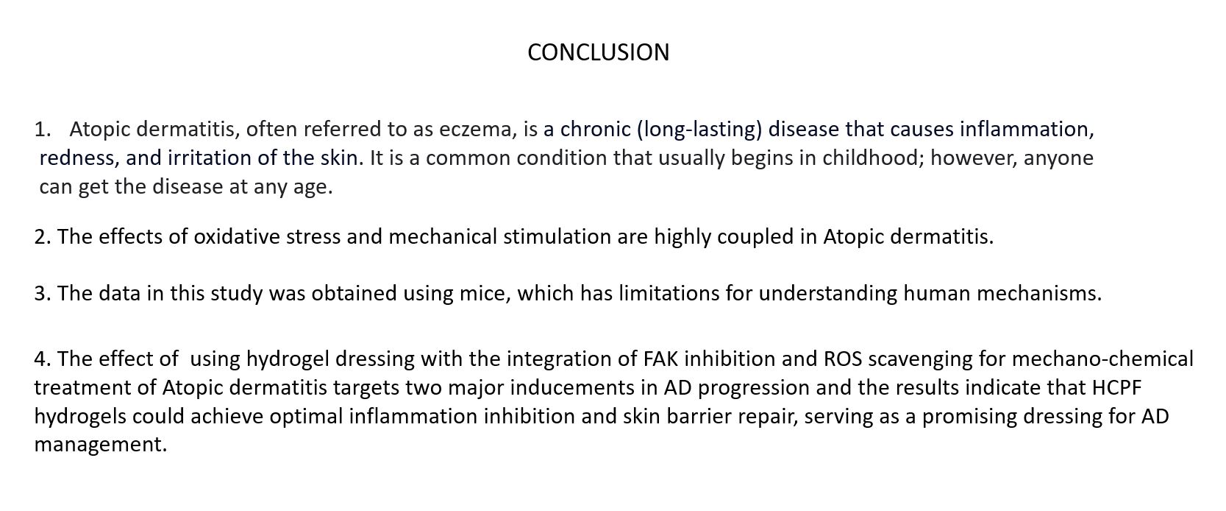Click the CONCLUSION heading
click(598, 52)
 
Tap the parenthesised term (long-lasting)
click(699, 130)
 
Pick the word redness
click(79, 158)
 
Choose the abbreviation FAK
click(660, 359)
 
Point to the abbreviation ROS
click(843, 359)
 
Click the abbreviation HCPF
click(1117, 388)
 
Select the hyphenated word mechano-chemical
click(1102, 359)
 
